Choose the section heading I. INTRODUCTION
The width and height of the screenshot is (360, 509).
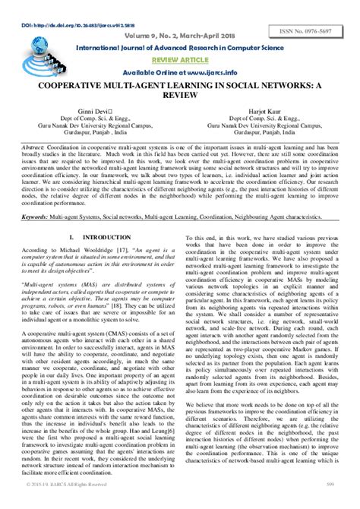92,237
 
